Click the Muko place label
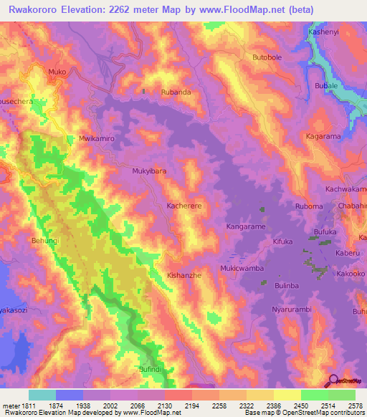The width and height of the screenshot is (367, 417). click(57, 72)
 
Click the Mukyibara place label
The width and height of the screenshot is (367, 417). click(149, 172)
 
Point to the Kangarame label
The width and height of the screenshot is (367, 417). click(246, 226)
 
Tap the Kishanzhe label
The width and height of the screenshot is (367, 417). click(184, 275)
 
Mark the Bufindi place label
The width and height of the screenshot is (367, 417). click(152, 369)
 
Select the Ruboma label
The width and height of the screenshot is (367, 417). click(309, 206)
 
